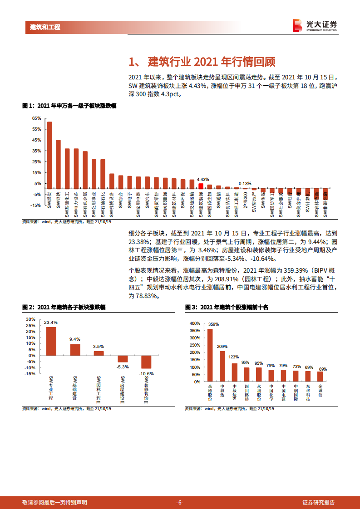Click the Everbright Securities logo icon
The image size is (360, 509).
click(x=298, y=25)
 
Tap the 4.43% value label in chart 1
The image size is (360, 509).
click(x=203, y=179)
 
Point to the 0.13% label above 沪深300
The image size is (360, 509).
click(x=246, y=183)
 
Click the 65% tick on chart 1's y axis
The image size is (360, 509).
click(x=36, y=118)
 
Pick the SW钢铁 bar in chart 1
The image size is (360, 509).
click(x=58, y=163)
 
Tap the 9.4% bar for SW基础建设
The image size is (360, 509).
click(x=75, y=350)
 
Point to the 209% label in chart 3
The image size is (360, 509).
click(x=222, y=347)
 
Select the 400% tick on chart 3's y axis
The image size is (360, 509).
click(x=194, y=323)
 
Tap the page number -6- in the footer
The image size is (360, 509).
click(x=180, y=502)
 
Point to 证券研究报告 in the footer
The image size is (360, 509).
click(x=319, y=502)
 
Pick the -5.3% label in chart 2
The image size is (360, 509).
click(x=123, y=366)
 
